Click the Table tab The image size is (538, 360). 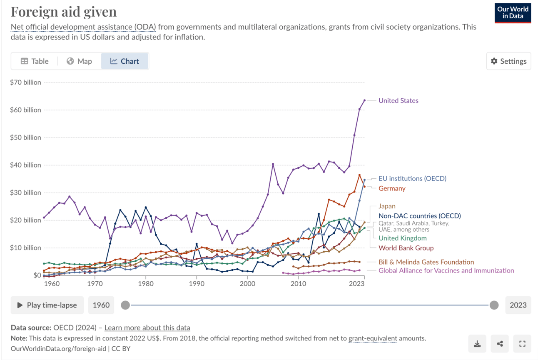[x=35, y=61]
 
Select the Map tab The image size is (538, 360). [x=79, y=61]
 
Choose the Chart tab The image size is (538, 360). [x=125, y=61]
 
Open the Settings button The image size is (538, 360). [x=508, y=61]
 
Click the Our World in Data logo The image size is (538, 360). [x=513, y=13]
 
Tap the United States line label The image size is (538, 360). [x=398, y=100]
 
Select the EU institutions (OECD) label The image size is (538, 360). [x=412, y=178]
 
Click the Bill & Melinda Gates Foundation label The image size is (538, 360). [x=426, y=262]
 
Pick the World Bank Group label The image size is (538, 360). [x=406, y=248]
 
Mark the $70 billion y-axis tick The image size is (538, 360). [x=26, y=82]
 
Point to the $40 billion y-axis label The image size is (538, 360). [x=26, y=165]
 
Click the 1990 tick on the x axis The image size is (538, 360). [x=197, y=284]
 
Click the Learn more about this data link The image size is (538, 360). [x=147, y=327]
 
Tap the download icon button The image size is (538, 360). [x=477, y=344]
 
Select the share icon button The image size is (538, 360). [x=500, y=344]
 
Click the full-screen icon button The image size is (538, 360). [x=522, y=344]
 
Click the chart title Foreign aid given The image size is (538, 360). [x=64, y=12]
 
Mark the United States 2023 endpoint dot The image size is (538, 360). [x=365, y=100]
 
